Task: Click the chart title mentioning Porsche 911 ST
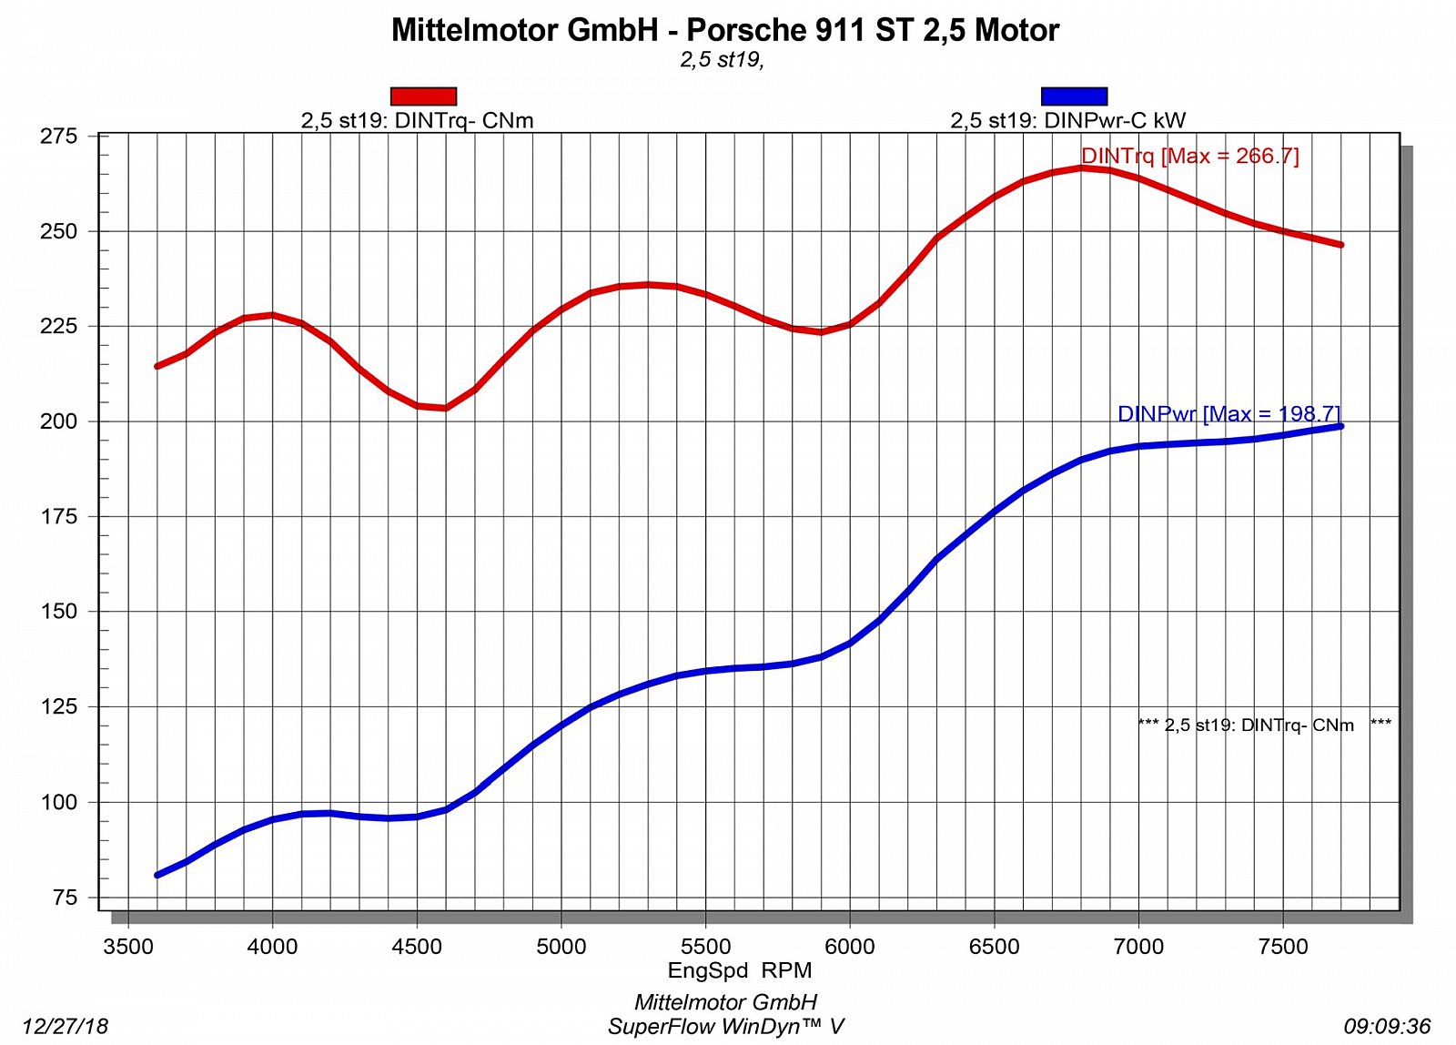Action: click(x=725, y=30)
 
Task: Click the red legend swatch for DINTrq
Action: click(x=423, y=96)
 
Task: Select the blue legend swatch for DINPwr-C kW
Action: click(x=1074, y=96)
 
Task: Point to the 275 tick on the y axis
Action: click(x=59, y=137)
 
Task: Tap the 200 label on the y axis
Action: click(x=59, y=421)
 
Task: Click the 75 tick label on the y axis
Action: click(x=65, y=898)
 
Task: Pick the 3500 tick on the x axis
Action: click(x=128, y=947)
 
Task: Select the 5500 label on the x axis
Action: click(x=705, y=947)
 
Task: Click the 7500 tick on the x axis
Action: click(x=1282, y=947)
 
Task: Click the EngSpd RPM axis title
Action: click(x=739, y=970)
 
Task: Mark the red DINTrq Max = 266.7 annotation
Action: click(x=1189, y=156)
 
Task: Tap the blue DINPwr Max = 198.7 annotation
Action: click(x=1228, y=414)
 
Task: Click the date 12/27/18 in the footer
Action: click(x=65, y=1027)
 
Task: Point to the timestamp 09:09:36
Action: click(x=1387, y=1027)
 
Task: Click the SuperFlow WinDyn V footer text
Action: click(x=726, y=1027)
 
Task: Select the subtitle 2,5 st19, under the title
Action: click(x=722, y=60)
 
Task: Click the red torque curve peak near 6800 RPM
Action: click(x=1081, y=168)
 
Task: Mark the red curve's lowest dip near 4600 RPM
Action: click(x=446, y=407)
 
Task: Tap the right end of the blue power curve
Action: click(x=1340, y=426)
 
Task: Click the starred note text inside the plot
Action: click(x=1264, y=725)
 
